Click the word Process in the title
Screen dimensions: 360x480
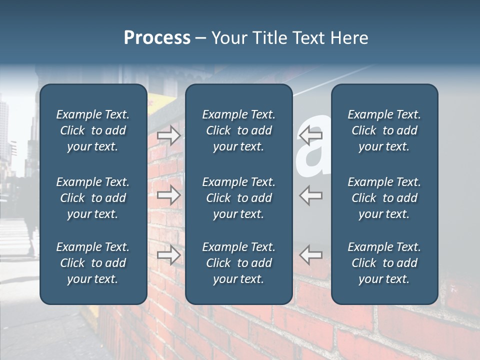157,38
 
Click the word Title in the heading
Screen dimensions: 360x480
270,38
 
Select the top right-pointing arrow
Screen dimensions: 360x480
169,135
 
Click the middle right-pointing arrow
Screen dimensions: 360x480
169,195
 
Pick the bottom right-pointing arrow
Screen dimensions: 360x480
169,255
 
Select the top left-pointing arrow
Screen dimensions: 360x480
310,135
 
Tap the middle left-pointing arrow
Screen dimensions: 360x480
310,195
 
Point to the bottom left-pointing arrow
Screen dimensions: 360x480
310,255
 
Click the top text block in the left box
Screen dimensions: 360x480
93,130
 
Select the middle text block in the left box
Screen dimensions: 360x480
93,198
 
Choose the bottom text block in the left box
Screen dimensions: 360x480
93,263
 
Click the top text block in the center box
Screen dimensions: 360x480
238,130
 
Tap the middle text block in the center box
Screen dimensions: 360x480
238,198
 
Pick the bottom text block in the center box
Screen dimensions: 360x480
238,263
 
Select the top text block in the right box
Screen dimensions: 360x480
384,130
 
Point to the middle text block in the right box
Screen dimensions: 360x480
384,198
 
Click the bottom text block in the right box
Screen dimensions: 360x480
384,263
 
